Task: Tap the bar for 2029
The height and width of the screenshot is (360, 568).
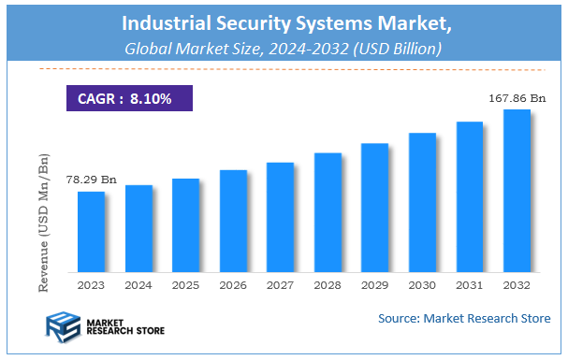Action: pos(375,208)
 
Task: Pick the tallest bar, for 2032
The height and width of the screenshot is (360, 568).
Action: pos(517,191)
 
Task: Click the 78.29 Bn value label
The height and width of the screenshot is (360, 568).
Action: pos(90,179)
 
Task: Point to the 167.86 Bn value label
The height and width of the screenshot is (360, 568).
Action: pos(517,96)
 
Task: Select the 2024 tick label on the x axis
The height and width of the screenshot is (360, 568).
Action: pos(138,284)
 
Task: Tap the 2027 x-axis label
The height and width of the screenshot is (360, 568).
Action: pos(280,284)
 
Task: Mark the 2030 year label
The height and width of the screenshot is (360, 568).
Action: pos(422,284)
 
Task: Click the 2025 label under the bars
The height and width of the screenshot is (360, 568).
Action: pos(185,284)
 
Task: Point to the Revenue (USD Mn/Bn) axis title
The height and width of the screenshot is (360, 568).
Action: pos(44,225)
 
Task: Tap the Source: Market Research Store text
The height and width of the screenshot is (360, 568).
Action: pos(464,320)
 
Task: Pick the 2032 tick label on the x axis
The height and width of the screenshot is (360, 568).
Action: pos(517,284)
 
